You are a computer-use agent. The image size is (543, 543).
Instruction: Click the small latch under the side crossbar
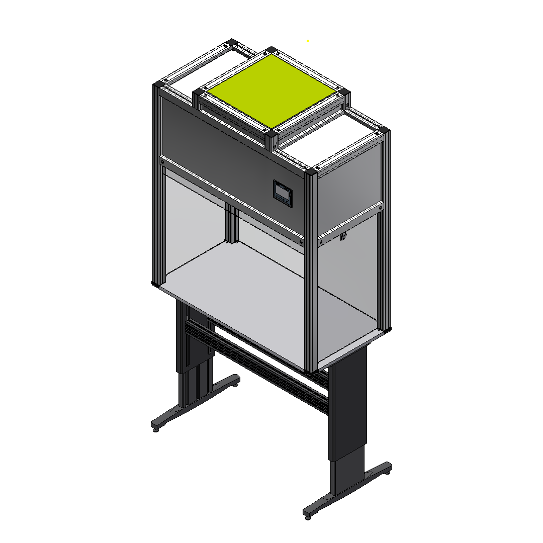(344, 236)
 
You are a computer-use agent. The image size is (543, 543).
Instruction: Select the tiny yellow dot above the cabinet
(307, 41)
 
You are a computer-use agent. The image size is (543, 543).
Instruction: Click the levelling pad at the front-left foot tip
(155, 428)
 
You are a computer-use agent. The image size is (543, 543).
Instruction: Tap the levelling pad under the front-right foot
(307, 515)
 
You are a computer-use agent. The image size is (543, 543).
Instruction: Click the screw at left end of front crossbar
(163, 162)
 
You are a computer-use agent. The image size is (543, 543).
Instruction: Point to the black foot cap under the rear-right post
(387, 329)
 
